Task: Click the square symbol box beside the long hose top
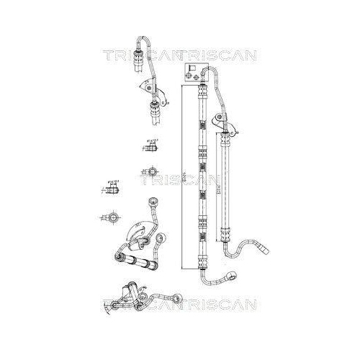pos(193,72)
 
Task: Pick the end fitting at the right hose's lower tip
pos(264,251)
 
